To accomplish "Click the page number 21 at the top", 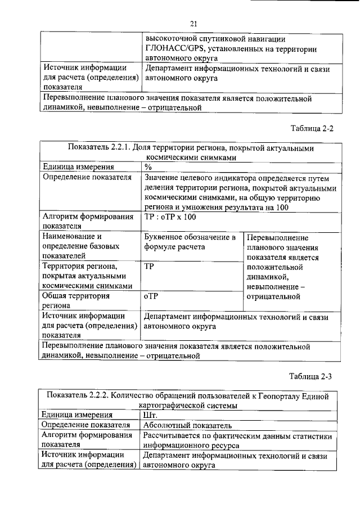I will (193, 23).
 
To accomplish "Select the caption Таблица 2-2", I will (312, 128).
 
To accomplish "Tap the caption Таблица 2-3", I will (312, 376).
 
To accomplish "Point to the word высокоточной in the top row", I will (170, 39).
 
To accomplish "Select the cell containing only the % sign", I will (148, 167).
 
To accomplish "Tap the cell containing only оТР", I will (151, 295).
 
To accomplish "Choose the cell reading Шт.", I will (151, 416).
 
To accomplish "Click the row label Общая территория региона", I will (76, 300).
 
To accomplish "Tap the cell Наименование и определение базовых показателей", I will (82, 247).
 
